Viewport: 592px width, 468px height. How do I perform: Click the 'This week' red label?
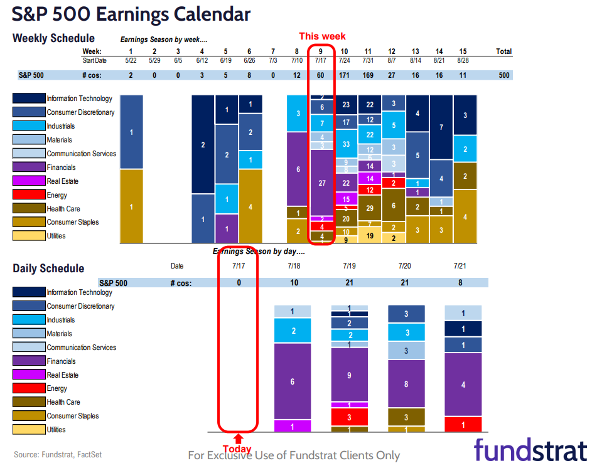321,36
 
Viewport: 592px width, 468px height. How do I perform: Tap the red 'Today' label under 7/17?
237,449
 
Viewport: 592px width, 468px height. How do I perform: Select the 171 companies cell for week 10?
345,75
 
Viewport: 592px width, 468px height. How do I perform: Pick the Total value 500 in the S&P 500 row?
503,75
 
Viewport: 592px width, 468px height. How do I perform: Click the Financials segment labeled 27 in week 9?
321,183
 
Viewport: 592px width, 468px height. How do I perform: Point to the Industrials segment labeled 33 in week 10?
346,144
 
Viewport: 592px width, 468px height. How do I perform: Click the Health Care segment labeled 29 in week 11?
370,208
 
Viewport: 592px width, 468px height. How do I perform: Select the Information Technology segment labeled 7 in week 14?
441,127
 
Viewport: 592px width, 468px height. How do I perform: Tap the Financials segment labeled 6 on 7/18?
293,381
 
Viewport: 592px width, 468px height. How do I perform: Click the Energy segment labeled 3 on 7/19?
349,417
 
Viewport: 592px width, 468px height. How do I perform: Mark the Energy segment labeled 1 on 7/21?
463,425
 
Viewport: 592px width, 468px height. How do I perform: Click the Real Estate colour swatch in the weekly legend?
29,181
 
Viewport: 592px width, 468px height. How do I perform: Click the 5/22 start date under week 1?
131,60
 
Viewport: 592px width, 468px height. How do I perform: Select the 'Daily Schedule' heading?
48,269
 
